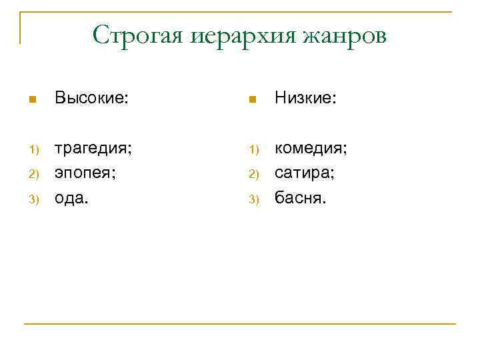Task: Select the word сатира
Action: [305, 172]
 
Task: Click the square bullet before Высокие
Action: [31, 100]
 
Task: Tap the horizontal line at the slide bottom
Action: [240, 324]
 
